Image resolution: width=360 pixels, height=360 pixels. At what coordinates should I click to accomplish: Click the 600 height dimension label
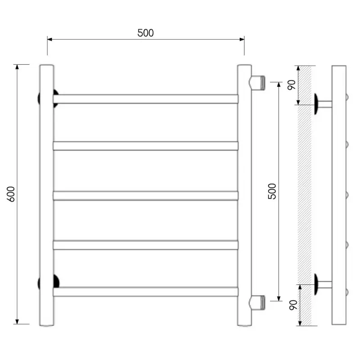[x=11, y=194]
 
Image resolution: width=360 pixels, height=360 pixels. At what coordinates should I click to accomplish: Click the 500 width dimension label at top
[x=145, y=33]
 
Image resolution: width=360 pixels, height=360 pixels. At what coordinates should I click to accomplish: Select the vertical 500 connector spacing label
[x=272, y=191]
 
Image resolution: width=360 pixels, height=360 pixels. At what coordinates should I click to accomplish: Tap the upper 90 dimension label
[x=292, y=85]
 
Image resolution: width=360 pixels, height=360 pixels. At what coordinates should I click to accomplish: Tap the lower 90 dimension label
[x=293, y=305]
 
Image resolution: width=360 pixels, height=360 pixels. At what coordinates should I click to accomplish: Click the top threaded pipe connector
[x=257, y=83]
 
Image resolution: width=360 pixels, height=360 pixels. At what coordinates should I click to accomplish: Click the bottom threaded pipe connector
[x=257, y=302]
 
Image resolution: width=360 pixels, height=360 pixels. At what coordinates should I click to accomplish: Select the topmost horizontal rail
[x=145, y=99]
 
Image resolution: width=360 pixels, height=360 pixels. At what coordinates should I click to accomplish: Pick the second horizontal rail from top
[x=145, y=146]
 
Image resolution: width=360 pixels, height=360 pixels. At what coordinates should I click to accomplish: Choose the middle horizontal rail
[x=145, y=196]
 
